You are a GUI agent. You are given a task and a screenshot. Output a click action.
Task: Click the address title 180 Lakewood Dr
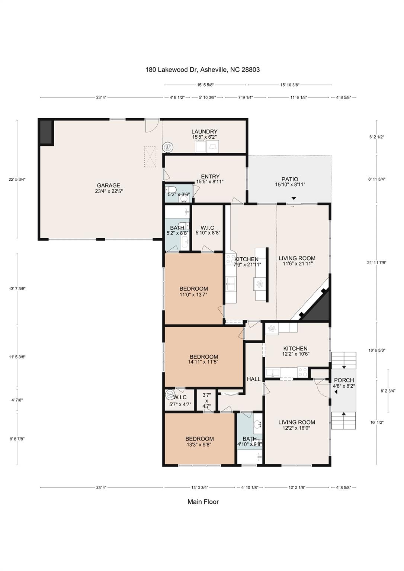point(202,70)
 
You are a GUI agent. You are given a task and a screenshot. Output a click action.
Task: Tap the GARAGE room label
point(109,186)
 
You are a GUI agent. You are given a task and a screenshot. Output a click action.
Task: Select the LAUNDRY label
point(204,132)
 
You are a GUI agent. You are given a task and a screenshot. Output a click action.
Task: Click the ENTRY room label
point(210,177)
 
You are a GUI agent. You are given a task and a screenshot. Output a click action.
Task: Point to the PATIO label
point(290,179)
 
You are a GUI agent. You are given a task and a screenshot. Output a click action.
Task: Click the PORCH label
point(344,380)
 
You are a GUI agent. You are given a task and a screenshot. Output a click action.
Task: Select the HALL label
point(254,379)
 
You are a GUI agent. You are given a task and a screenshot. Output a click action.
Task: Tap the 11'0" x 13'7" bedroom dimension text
point(193,294)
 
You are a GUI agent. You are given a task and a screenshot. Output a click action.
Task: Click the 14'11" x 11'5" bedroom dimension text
point(203,362)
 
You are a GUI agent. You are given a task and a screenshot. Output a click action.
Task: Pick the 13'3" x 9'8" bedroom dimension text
point(199,444)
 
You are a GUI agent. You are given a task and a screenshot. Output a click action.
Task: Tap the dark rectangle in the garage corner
point(47,132)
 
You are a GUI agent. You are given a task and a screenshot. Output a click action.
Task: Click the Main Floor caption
point(203,502)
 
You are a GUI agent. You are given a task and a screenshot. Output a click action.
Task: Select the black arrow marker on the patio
point(294,199)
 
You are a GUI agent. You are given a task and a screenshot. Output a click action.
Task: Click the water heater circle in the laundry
point(168,147)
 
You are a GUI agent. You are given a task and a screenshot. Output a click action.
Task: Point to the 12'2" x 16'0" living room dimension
point(296,428)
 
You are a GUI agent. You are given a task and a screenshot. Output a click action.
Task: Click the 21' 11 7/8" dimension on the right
point(377,263)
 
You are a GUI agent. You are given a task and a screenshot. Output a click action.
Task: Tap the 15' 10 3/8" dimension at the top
point(290,85)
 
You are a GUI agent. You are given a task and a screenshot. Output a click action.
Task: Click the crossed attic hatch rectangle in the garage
point(150,157)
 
